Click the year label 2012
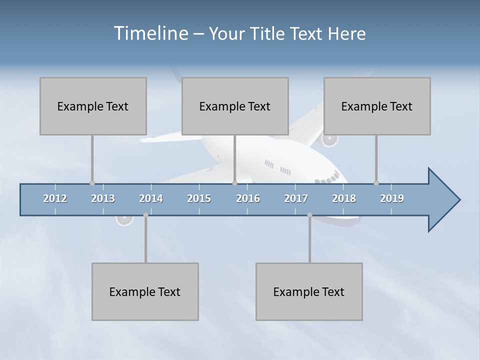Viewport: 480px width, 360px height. pyautogui.click(x=55, y=198)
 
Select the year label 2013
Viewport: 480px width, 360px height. pyautogui.click(x=103, y=198)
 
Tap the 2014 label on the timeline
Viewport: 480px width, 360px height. pyautogui.click(x=151, y=198)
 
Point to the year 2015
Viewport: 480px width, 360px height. pyautogui.click(x=199, y=198)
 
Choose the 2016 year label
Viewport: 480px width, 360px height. pyautogui.click(x=248, y=198)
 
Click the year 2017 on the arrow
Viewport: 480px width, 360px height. pyautogui.click(x=296, y=198)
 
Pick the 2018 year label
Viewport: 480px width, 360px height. pyautogui.click(x=344, y=198)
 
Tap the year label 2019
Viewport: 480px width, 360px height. pyautogui.click(x=392, y=198)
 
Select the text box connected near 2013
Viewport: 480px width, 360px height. pyautogui.click(x=93, y=106)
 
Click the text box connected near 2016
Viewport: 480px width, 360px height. pyautogui.click(x=235, y=106)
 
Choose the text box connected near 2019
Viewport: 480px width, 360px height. pyautogui.click(x=377, y=106)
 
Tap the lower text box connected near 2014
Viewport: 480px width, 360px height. pyautogui.click(x=145, y=291)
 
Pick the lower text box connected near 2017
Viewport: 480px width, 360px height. pyautogui.click(x=309, y=291)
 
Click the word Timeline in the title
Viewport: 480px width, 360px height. pyautogui.click(x=150, y=33)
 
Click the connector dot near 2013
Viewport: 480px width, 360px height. pyautogui.click(x=92, y=183)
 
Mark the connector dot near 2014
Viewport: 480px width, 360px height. pyautogui.click(x=145, y=215)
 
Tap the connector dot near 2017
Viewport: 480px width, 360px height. pyautogui.click(x=309, y=215)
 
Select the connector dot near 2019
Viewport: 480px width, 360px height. pyautogui.click(x=376, y=183)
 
